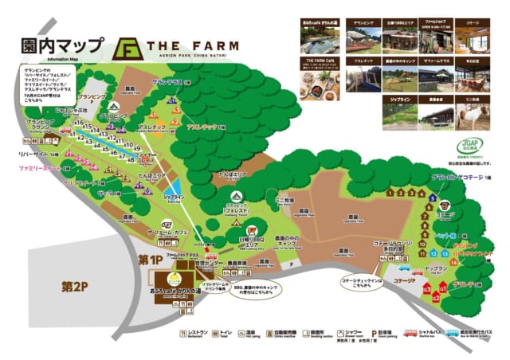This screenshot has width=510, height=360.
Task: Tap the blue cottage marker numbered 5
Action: (432, 198)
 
